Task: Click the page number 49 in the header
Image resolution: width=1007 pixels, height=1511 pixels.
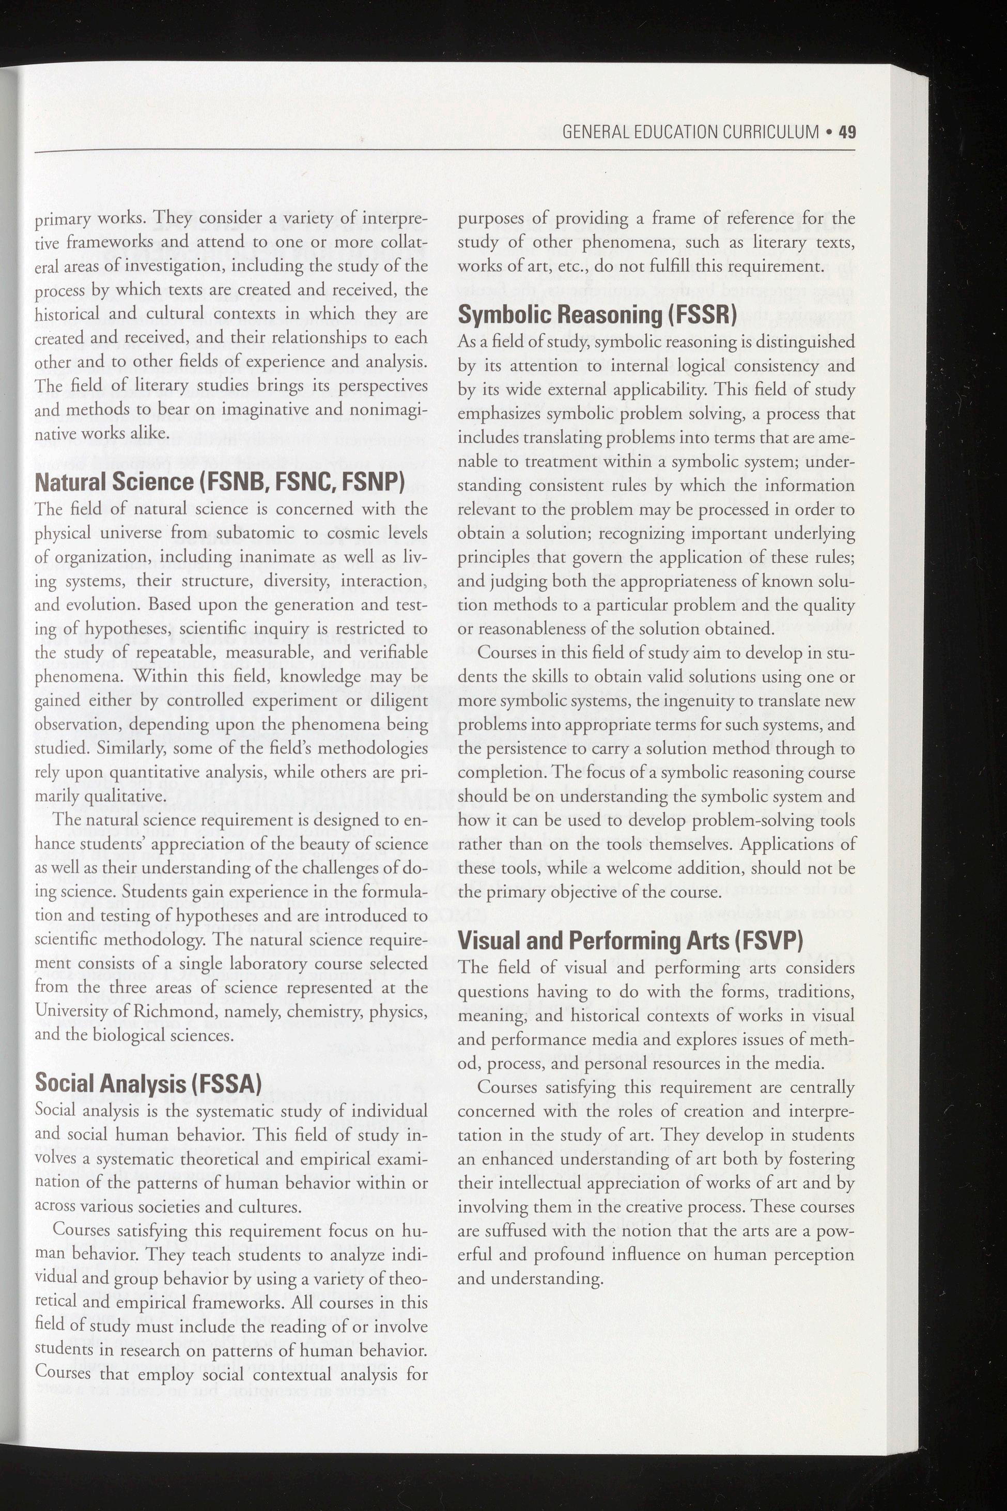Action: (847, 132)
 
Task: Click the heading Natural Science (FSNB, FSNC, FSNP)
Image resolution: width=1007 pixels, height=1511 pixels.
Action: (220, 481)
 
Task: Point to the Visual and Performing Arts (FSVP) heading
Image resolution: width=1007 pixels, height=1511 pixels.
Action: (630, 940)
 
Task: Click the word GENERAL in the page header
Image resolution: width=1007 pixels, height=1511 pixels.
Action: (595, 132)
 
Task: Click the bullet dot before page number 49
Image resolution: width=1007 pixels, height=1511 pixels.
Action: (830, 132)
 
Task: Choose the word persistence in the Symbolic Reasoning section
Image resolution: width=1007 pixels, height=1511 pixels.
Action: (533, 749)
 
